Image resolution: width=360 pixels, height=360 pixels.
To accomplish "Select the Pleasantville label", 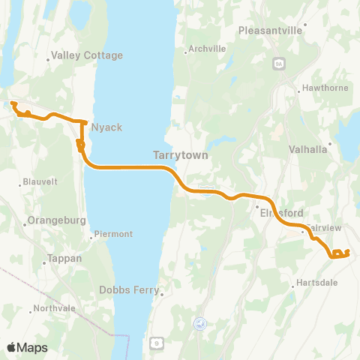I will [269, 31].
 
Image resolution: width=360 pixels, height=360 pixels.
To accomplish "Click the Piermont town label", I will [115, 234].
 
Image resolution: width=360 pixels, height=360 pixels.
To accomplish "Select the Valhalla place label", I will [308, 149].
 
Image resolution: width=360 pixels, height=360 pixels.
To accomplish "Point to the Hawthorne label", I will [322, 90].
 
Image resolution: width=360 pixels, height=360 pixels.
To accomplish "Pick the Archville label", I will [207, 49].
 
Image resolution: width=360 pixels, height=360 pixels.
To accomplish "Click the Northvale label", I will [54, 308].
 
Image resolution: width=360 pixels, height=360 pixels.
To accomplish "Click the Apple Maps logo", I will [27, 347].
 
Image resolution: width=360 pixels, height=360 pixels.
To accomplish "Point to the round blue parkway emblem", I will [199, 323].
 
